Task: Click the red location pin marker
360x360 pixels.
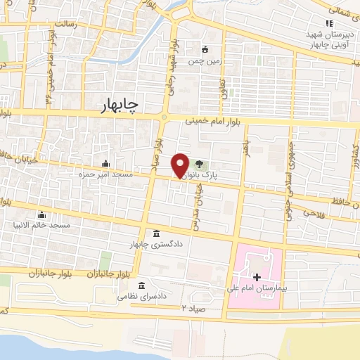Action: [x=181, y=165]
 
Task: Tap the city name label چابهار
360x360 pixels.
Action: [x=116, y=104]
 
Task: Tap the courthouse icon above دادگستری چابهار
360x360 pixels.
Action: [x=156, y=234]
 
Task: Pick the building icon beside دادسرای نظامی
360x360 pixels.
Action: [x=142, y=285]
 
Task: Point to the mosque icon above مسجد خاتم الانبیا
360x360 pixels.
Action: [x=43, y=215]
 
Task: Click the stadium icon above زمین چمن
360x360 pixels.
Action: [x=205, y=49]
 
